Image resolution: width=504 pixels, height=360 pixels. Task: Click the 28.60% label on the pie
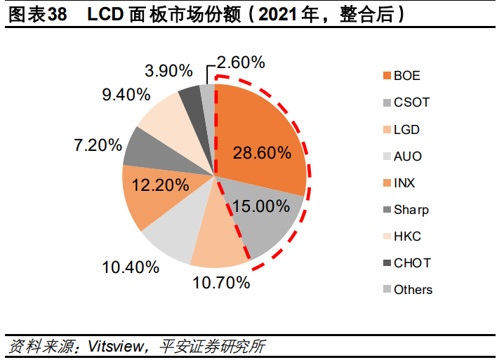[x=260, y=152]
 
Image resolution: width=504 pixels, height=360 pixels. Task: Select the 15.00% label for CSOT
[x=260, y=206]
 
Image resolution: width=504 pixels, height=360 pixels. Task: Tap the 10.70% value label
[x=221, y=283]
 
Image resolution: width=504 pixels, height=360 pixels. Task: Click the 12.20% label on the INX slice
[x=160, y=185]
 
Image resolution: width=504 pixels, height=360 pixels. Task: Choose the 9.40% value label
[x=126, y=93]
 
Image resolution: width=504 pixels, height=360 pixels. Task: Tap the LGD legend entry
[x=407, y=129]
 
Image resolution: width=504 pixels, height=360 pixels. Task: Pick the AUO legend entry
[x=408, y=156]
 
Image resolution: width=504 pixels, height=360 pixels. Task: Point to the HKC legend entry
[x=408, y=236]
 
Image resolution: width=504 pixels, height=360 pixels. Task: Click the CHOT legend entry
[x=412, y=262]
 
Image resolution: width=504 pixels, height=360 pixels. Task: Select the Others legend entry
[x=413, y=289]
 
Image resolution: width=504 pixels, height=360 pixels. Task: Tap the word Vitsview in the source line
[x=114, y=346]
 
